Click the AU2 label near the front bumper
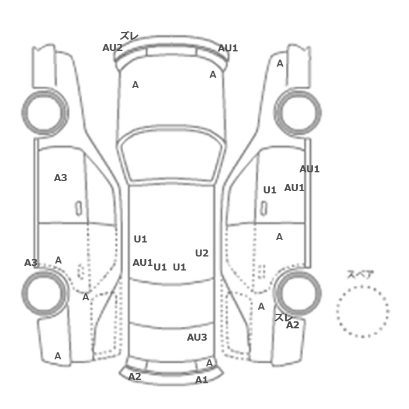[x=112, y=47]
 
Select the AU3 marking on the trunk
[x=197, y=337]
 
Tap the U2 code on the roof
[x=202, y=253]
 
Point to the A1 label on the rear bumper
[x=202, y=380]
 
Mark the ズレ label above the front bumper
[x=129, y=36]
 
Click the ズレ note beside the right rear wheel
[x=283, y=317]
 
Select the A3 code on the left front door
[x=61, y=178]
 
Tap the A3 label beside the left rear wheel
[x=31, y=262]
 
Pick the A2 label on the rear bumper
[x=134, y=376]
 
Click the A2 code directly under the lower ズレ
[x=293, y=325]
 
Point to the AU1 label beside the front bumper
[x=228, y=48]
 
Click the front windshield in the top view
[x=171, y=157]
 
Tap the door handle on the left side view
[x=78, y=209]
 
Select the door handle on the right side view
[x=264, y=209]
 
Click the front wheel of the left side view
[x=45, y=112]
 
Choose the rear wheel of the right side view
[x=298, y=293]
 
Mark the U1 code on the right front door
[x=270, y=190]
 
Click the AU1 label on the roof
[x=143, y=262]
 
